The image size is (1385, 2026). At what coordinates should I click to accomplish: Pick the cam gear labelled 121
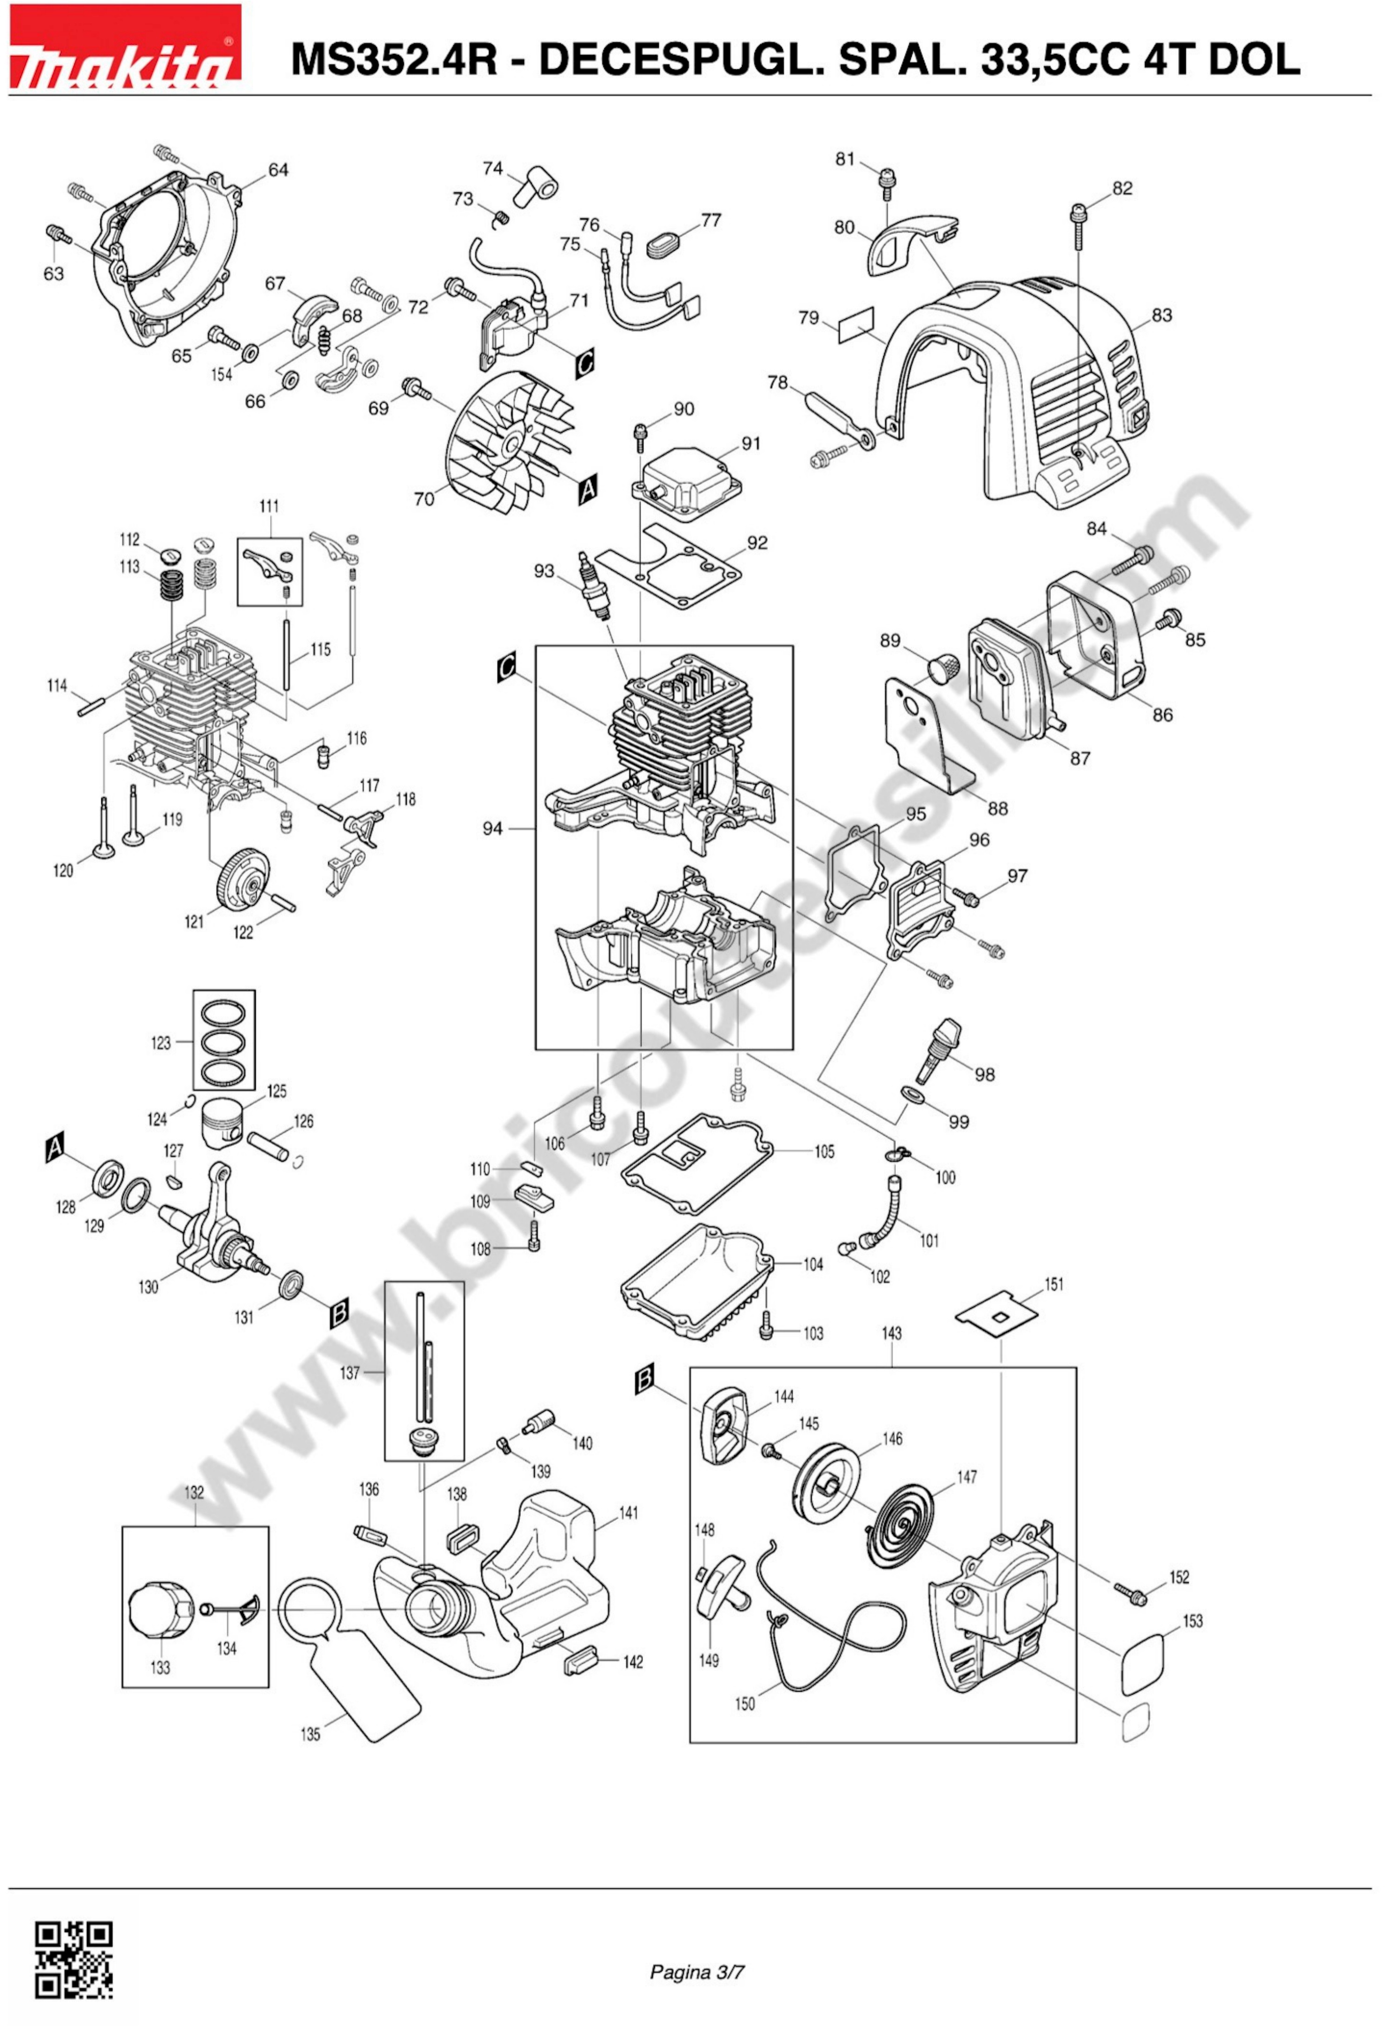pos(243,882)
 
